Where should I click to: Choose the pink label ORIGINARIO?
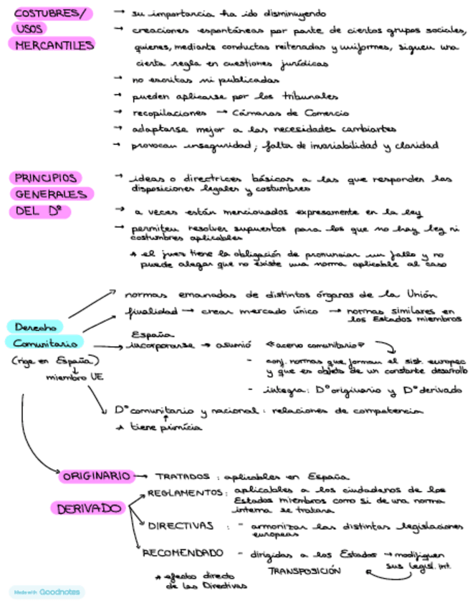tap(97, 475)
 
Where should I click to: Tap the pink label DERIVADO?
tap(88, 508)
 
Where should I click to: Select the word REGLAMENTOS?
tap(186, 493)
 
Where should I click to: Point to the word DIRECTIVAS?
tap(181, 526)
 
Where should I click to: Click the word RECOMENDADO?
tap(182, 553)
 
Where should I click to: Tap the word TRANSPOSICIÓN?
tap(304, 571)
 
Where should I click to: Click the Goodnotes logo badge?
tap(47, 592)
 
